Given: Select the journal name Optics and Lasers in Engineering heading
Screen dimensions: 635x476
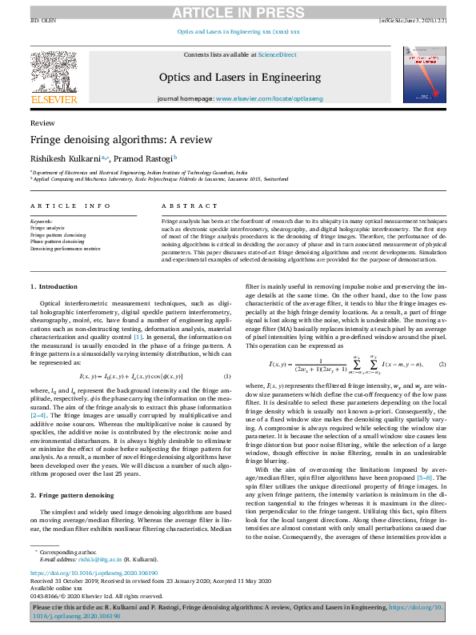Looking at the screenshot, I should pyautogui.click(x=238, y=77).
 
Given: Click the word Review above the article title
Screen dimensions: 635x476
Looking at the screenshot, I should pyautogui.click(x=37, y=124).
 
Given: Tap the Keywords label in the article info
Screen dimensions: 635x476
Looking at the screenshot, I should pyautogui.click(x=41, y=221).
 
